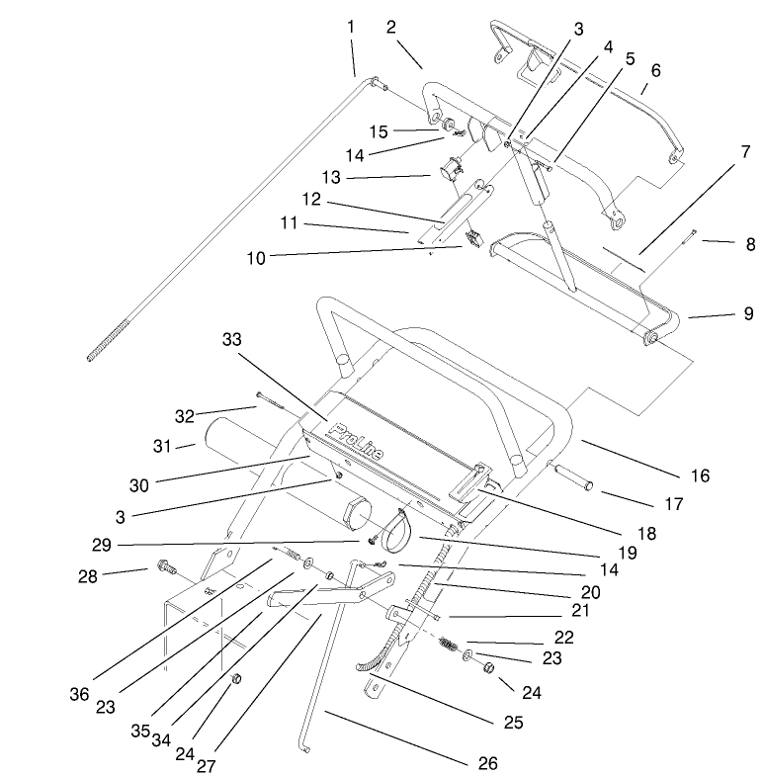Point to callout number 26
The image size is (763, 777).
tap(486, 763)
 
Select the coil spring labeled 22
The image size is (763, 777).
tap(450, 647)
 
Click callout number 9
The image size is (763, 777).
tap(748, 314)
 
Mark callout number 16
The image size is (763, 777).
tap(699, 476)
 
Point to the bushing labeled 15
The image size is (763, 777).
tap(446, 126)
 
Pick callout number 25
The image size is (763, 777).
tap(512, 722)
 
